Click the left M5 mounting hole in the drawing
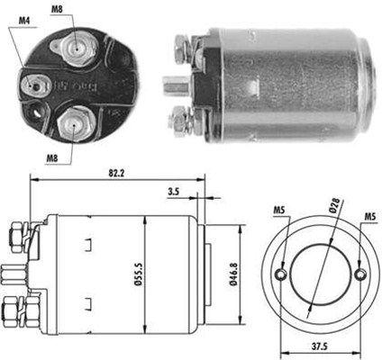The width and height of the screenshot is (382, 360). click(283, 274)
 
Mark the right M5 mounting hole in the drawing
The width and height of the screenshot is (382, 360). click(360, 274)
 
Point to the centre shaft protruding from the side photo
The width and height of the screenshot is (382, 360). click(171, 87)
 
